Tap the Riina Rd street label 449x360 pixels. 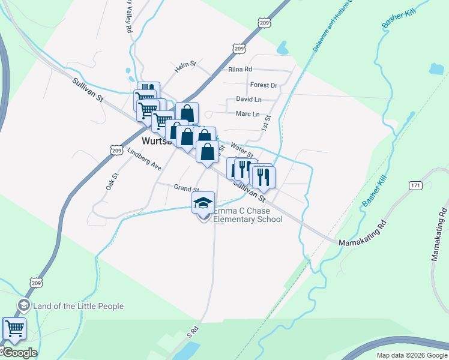240,70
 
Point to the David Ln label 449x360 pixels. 249,99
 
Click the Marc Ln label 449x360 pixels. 247,114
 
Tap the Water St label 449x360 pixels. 243,148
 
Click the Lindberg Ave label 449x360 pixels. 144,157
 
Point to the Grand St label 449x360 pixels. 186,188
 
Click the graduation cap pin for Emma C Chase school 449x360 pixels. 203,203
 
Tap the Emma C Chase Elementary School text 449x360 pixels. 247,215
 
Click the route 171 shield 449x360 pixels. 415,185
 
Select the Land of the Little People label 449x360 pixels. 79,306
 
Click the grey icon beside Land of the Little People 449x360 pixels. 24,305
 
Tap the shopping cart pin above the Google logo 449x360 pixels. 14,328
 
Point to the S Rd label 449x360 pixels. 192,330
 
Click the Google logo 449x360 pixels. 20,353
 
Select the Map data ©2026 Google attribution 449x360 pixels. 412,355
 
